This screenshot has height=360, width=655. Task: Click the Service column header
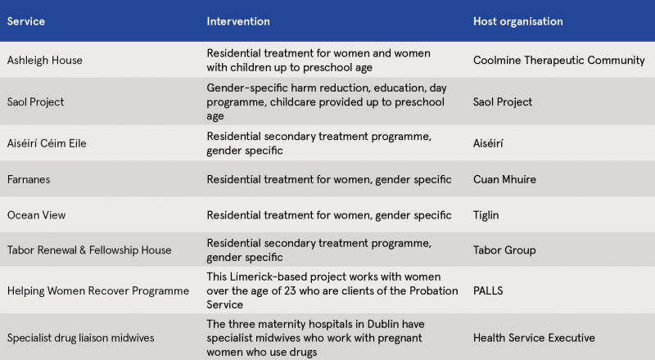26,21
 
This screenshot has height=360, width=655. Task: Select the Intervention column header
238,21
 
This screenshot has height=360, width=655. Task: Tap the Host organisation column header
518,21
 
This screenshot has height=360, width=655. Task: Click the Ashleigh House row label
45,61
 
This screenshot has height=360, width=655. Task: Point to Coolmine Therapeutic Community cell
559,61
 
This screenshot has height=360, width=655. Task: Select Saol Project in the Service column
35,102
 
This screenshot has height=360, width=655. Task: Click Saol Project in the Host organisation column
503,102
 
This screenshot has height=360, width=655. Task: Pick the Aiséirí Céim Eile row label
47,143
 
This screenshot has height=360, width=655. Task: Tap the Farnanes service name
29,179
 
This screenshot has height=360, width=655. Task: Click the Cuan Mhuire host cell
504,179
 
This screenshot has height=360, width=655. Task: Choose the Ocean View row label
36,215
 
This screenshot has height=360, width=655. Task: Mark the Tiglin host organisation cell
486,215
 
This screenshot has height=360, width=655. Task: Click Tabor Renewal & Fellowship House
89,250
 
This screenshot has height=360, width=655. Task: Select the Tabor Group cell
504,250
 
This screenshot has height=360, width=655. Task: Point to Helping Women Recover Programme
98,290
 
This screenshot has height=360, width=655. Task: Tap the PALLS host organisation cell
488,290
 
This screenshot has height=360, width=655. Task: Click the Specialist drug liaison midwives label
80,338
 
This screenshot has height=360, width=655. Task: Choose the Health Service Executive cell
534,338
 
